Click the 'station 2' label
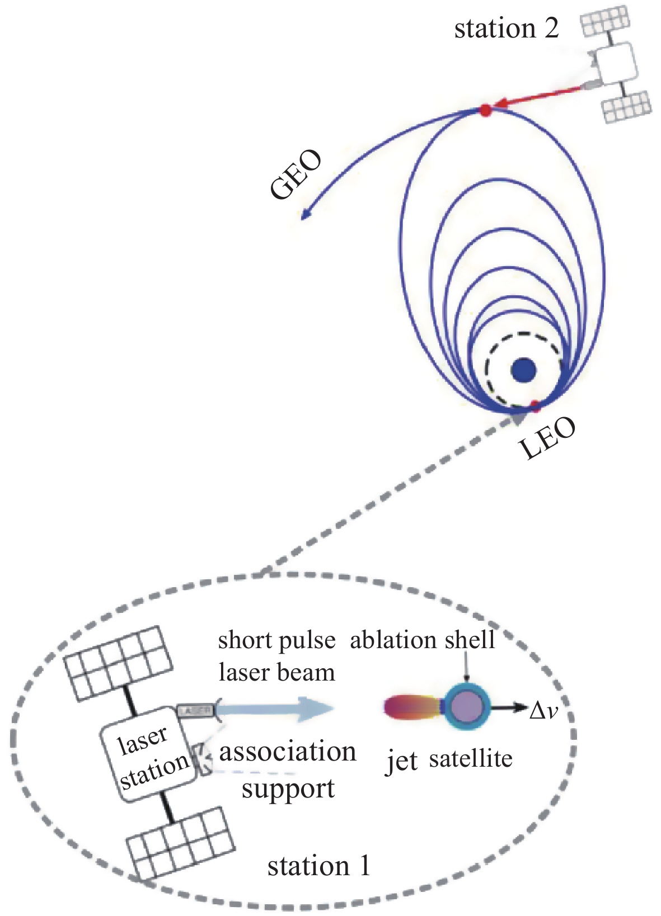pos(506,28)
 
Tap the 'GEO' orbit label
pos(296,174)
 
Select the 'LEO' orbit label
pos(547,439)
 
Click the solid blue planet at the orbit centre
pos(524,370)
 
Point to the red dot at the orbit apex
pos(485,110)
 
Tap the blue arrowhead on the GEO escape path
pos(306,215)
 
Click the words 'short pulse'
pos(276,640)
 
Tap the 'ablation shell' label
pos(423,640)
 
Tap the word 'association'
pos(287,752)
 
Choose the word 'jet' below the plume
pos(402,762)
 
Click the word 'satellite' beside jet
pos(471,759)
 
